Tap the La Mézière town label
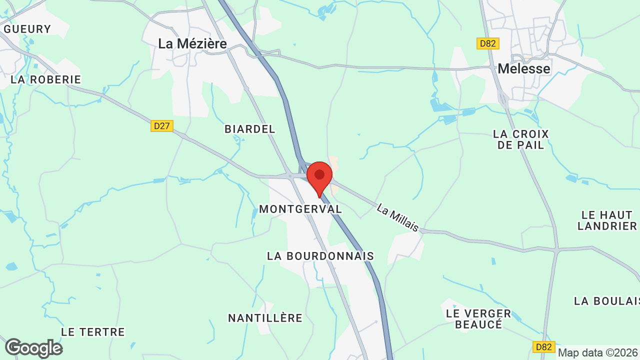(x=192, y=44)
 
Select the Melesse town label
(x=524, y=68)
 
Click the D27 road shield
(x=162, y=126)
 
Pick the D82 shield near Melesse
(x=487, y=43)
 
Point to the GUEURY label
(x=27, y=29)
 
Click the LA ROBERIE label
(x=45, y=79)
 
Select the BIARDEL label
(x=250, y=129)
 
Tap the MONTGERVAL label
(x=300, y=209)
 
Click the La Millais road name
(x=398, y=217)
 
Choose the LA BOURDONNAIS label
(x=320, y=256)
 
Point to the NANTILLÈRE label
(x=265, y=318)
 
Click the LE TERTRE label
(x=93, y=332)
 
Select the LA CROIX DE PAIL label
(x=521, y=139)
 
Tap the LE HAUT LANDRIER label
(x=607, y=220)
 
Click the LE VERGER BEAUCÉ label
(x=478, y=319)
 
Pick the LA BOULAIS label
(x=606, y=301)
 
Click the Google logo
(x=33, y=348)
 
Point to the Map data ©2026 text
(x=598, y=353)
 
